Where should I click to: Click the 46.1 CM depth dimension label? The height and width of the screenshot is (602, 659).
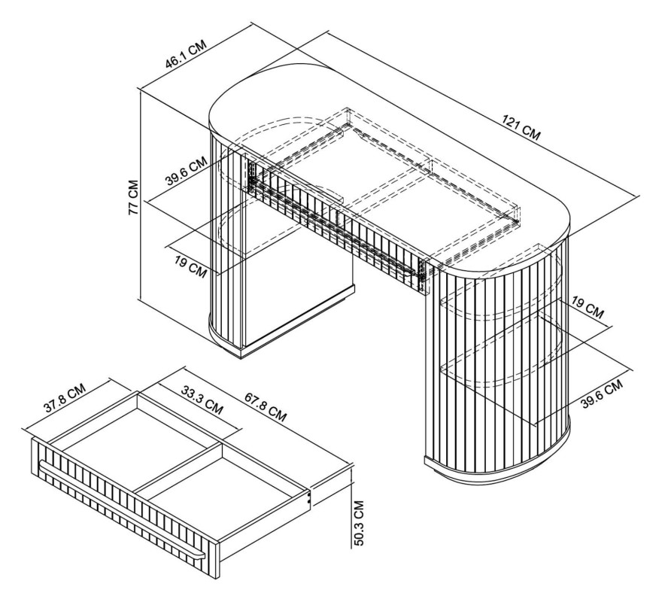[186, 54]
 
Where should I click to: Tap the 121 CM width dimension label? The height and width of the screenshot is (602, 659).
[521, 127]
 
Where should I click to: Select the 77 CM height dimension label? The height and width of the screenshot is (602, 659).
[134, 198]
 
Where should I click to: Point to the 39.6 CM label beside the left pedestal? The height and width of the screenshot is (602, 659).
[186, 171]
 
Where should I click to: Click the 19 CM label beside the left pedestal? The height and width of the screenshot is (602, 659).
[191, 267]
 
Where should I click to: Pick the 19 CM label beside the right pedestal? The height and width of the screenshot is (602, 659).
[588, 307]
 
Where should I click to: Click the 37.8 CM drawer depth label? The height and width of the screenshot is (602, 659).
[65, 397]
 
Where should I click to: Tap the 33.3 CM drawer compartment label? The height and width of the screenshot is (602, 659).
[202, 400]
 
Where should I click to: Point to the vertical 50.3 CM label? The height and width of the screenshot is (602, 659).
[359, 522]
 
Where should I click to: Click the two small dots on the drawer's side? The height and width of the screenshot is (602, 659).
[310, 498]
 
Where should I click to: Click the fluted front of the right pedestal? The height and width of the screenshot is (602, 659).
[496, 366]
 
